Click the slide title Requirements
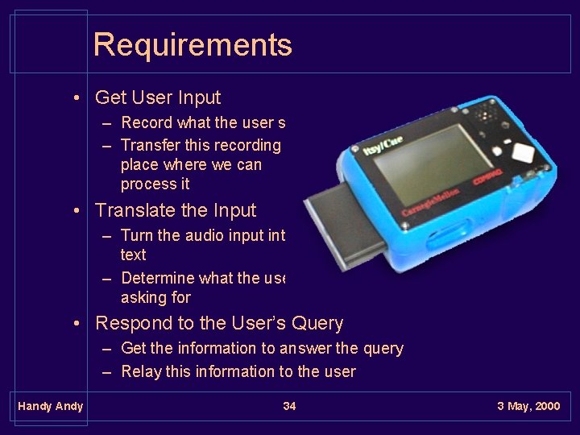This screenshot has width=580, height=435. point(192,45)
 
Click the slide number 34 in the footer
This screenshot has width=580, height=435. point(289,406)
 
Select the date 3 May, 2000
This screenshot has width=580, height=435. point(528,406)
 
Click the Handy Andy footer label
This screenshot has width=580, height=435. point(50,406)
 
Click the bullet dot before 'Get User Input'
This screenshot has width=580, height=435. point(74,99)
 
